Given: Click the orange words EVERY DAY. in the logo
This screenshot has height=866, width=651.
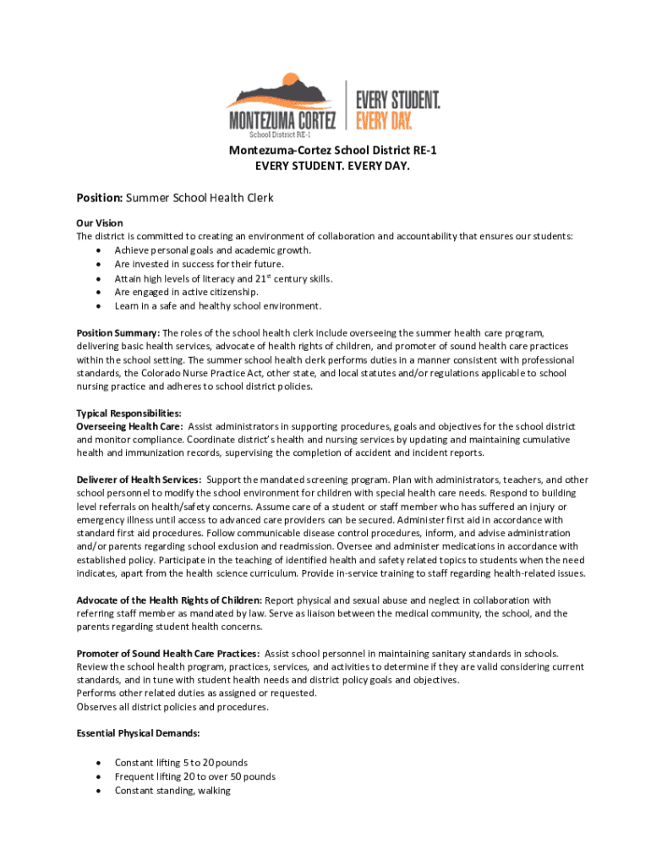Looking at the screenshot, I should tap(384, 122).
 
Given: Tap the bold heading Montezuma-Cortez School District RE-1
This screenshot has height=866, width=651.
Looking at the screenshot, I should tap(325, 151).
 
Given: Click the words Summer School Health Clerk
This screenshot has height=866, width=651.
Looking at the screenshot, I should tap(200, 198).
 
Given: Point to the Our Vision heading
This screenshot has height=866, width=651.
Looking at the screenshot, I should tap(100, 223).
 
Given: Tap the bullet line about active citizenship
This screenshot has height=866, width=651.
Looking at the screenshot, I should tap(186, 292).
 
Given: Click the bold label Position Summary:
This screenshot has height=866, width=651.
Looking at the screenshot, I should tap(118, 333).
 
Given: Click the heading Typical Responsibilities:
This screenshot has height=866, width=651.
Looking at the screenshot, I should tap(129, 414).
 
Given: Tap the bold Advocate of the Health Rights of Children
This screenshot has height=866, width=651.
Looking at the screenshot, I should tap(170, 600).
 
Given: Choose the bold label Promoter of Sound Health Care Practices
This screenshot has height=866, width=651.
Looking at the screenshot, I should tap(167, 654).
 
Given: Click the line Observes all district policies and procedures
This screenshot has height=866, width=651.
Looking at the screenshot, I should tap(172, 707).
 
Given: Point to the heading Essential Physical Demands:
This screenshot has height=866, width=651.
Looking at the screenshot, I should tap(139, 733).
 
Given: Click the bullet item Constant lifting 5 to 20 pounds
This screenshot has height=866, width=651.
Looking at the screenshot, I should tap(181, 763).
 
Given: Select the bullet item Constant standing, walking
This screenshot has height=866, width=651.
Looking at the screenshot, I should tap(172, 791).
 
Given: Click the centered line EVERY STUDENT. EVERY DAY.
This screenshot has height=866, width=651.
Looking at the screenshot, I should tap(325, 166).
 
